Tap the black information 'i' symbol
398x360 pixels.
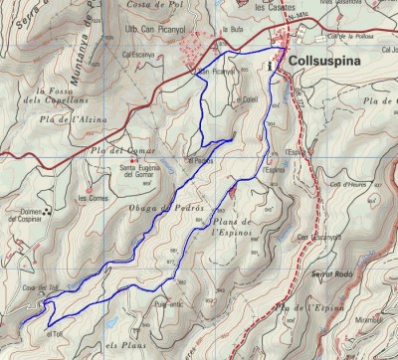pos(271,66)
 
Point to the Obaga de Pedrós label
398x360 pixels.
pos(166,219)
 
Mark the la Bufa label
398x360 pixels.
pos(235,29)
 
